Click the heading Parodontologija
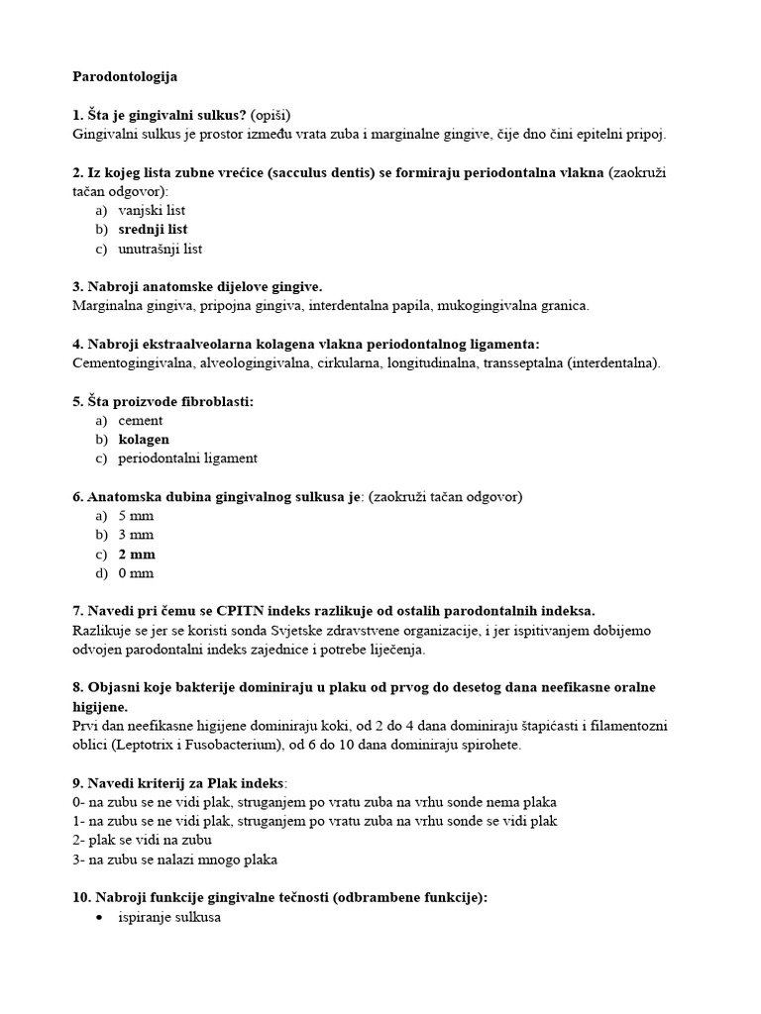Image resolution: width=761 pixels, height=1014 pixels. click(126, 75)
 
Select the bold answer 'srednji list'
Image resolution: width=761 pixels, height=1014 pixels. click(153, 230)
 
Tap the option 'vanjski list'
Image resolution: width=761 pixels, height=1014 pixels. click(152, 210)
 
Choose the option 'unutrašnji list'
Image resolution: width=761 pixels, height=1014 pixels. click(160, 249)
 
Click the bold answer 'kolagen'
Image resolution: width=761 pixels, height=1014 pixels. click(144, 439)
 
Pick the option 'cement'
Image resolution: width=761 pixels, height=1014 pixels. click(141, 420)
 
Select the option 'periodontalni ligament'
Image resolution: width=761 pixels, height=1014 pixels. click(187, 458)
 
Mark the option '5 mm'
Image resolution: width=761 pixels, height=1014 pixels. click(136, 516)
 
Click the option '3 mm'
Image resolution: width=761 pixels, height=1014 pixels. click(136, 535)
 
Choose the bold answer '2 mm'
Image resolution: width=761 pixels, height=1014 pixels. click(137, 554)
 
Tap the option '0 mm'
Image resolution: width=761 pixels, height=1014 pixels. click(136, 572)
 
